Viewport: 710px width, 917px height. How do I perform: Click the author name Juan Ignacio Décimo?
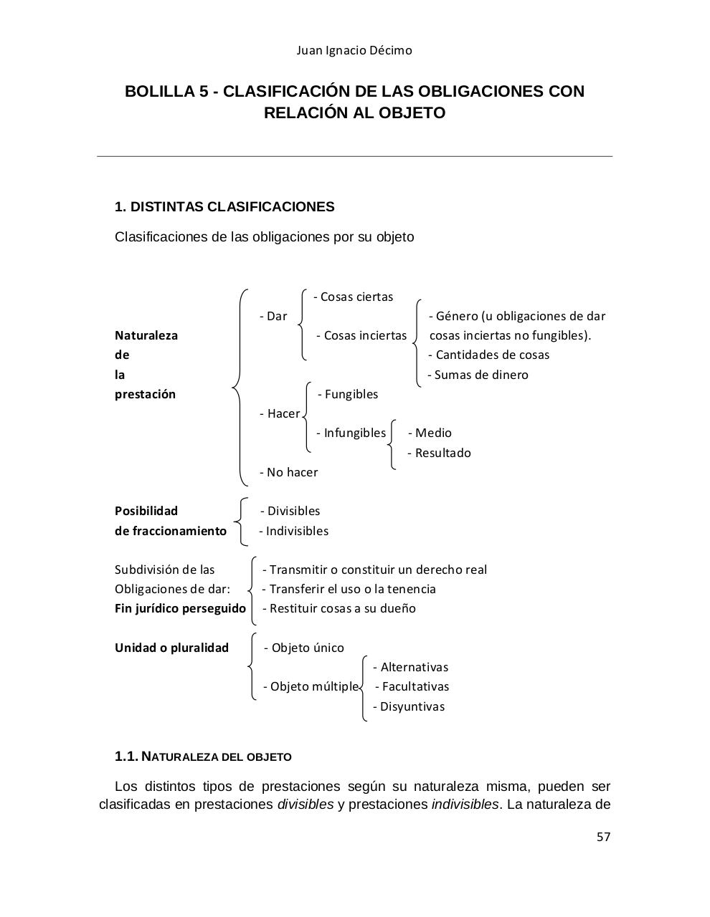(x=354, y=50)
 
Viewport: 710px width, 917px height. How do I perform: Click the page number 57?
(x=603, y=837)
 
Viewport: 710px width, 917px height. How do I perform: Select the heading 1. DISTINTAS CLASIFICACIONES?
(x=224, y=207)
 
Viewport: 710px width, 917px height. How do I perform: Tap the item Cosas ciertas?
(x=354, y=297)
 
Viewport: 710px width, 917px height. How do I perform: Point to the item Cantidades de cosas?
(x=489, y=355)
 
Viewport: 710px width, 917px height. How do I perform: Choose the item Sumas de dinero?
(x=478, y=375)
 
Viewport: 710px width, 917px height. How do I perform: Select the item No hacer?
(x=289, y=472)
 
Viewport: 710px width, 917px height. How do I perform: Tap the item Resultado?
(x=440, y=453)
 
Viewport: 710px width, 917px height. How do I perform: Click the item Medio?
(x=430, y=433)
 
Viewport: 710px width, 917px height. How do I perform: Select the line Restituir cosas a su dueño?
(x=339, y=608)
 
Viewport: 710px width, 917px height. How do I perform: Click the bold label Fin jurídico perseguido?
(x=180, y=608)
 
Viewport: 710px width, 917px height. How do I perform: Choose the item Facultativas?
(x=412, y=686)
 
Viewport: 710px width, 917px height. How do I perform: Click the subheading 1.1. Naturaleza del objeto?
(x=203, y=757)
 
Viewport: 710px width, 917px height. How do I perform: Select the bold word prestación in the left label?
(x=145, y=394)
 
